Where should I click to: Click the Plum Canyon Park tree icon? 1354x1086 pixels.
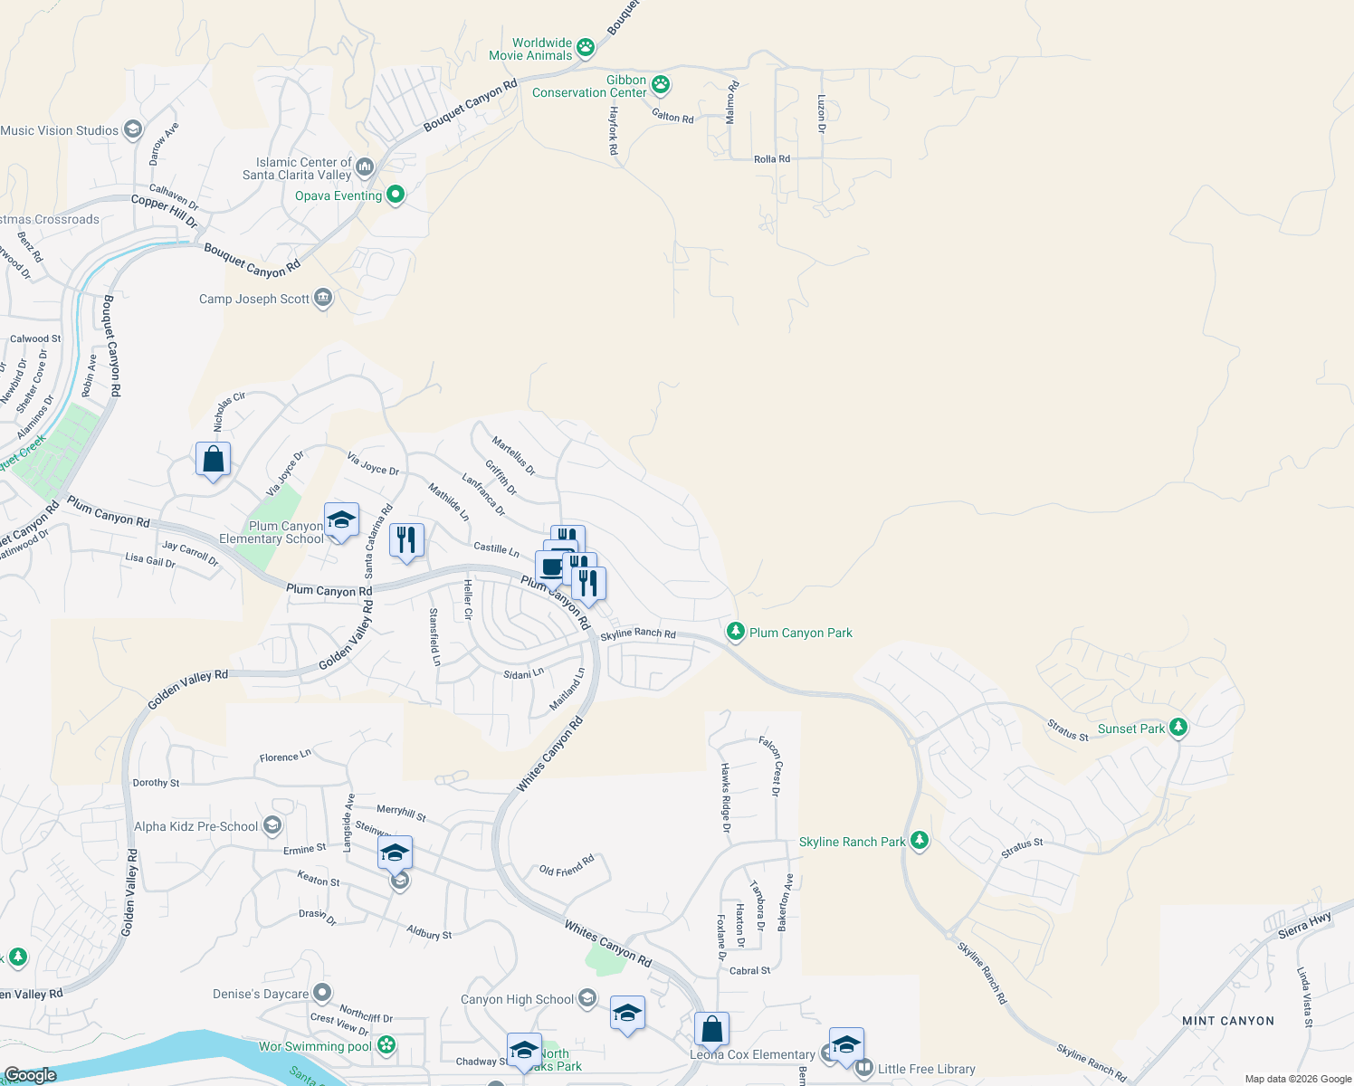pyautogui.click(x=736, y=631)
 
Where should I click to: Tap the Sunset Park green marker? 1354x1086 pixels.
pyautogui.click(x=1178, y=727)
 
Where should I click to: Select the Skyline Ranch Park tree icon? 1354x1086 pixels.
pyautogui.click(x=919, y=841)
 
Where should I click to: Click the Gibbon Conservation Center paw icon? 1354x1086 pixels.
pyautogui.click(x=661, y=85)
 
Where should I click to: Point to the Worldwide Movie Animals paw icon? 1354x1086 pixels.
pyautogui.click(x=586, y=47)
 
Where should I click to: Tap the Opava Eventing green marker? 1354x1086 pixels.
pyautogui.click(x=396, y=195)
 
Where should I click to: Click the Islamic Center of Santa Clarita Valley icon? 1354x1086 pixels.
pyautogui.click(x=365, y=167)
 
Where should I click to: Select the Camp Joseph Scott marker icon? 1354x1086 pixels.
pyautogui.click(x=323, y=298)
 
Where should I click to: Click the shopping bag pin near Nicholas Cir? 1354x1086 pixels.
pyautogui.click(x=213, y=460)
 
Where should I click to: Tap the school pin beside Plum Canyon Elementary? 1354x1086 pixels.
pyautogui.click(x=340, y=520)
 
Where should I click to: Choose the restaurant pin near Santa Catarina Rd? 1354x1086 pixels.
pyautogui.click(x=406, y=540)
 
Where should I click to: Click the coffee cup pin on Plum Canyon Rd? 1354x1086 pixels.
pyautogui.click(x=551, y=568)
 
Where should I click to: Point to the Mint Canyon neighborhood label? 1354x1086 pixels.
pyautogui.click(x=1227, y=1021)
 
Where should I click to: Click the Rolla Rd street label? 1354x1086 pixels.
pyautogui.click(x=771, y=159)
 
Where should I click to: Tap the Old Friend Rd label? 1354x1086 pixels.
pyautogui.click(x=567, y=865)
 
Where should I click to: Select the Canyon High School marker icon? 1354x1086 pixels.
pyautogui.click(x=586, y=998)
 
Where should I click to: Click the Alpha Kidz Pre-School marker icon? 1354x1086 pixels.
pyautogui.click(x=272, y=825)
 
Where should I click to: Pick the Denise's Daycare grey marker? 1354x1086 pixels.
pyautogui.click(x=321, y=993)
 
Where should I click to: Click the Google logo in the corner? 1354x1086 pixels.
pyautogui.click(x=31, y=1074)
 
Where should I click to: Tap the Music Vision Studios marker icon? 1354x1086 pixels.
pyautogui.click(x=132, y=129)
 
